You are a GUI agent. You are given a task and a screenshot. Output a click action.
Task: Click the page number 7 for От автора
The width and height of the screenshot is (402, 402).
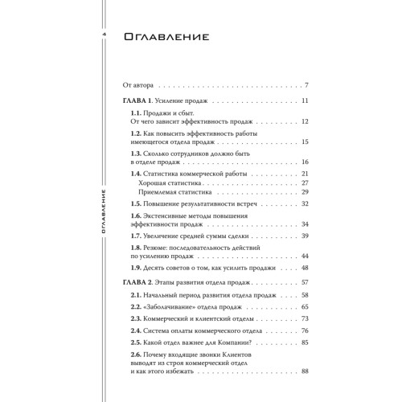click(308, 84)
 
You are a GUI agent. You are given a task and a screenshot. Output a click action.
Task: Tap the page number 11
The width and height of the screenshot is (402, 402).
click(306, 100)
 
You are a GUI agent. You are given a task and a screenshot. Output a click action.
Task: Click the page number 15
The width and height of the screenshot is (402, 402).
click(306, 142)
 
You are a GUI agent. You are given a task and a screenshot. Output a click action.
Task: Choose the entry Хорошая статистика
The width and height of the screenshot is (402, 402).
click(173, 183)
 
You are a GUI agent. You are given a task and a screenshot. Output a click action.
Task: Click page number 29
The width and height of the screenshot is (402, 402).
click(306, 193)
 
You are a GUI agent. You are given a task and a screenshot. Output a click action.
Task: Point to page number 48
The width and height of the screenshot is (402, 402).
click(306, 267)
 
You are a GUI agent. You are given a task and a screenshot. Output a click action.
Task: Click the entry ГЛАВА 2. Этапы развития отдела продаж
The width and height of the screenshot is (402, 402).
click(184, 283)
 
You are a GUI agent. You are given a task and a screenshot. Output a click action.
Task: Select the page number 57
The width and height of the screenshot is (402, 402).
click(306, 283)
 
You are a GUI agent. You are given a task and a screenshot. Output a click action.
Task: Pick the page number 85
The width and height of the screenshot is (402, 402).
click(306, 342)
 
